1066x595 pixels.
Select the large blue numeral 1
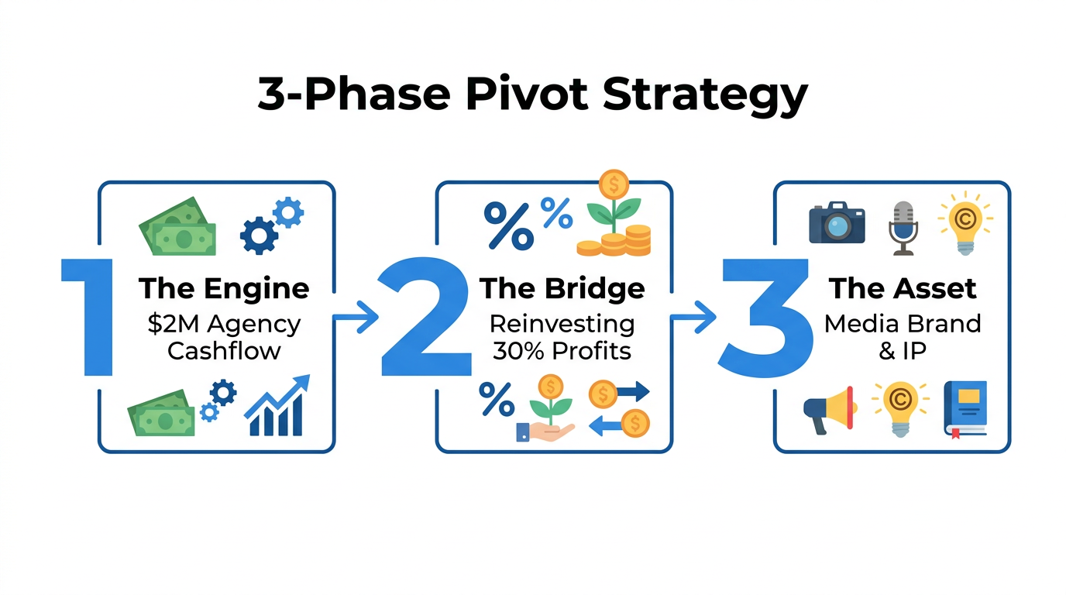click(90, 317)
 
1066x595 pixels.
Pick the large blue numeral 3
click(763, 317)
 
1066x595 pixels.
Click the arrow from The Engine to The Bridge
click(356, 316)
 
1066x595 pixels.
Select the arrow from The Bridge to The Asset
click(693, 316)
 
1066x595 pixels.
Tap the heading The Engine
click(224, 289)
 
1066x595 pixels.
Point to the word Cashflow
click(224, 350)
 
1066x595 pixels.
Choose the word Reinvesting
click(562, 323)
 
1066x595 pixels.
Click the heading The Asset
click(903, 289)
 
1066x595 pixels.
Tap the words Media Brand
click(903, 323)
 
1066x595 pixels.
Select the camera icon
click(837, 224)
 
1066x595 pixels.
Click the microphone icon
click(903, 227)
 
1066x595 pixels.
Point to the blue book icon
click(965, 408)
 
